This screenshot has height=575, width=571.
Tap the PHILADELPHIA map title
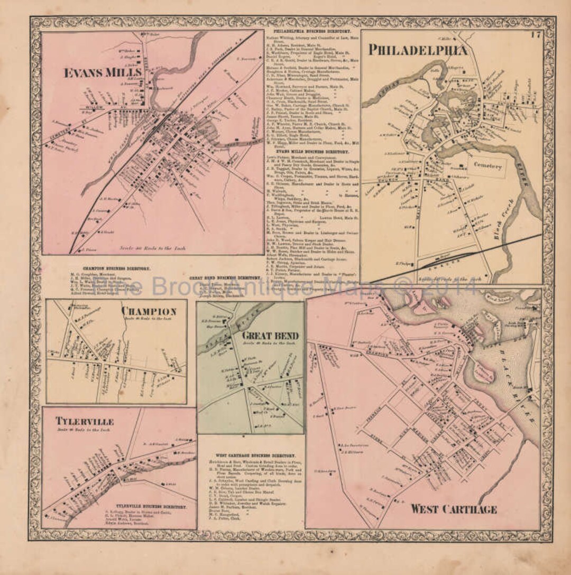418,51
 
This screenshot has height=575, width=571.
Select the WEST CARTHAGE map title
453,509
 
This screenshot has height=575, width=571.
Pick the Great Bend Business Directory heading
225,276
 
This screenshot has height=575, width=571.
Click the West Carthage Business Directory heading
255,455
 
